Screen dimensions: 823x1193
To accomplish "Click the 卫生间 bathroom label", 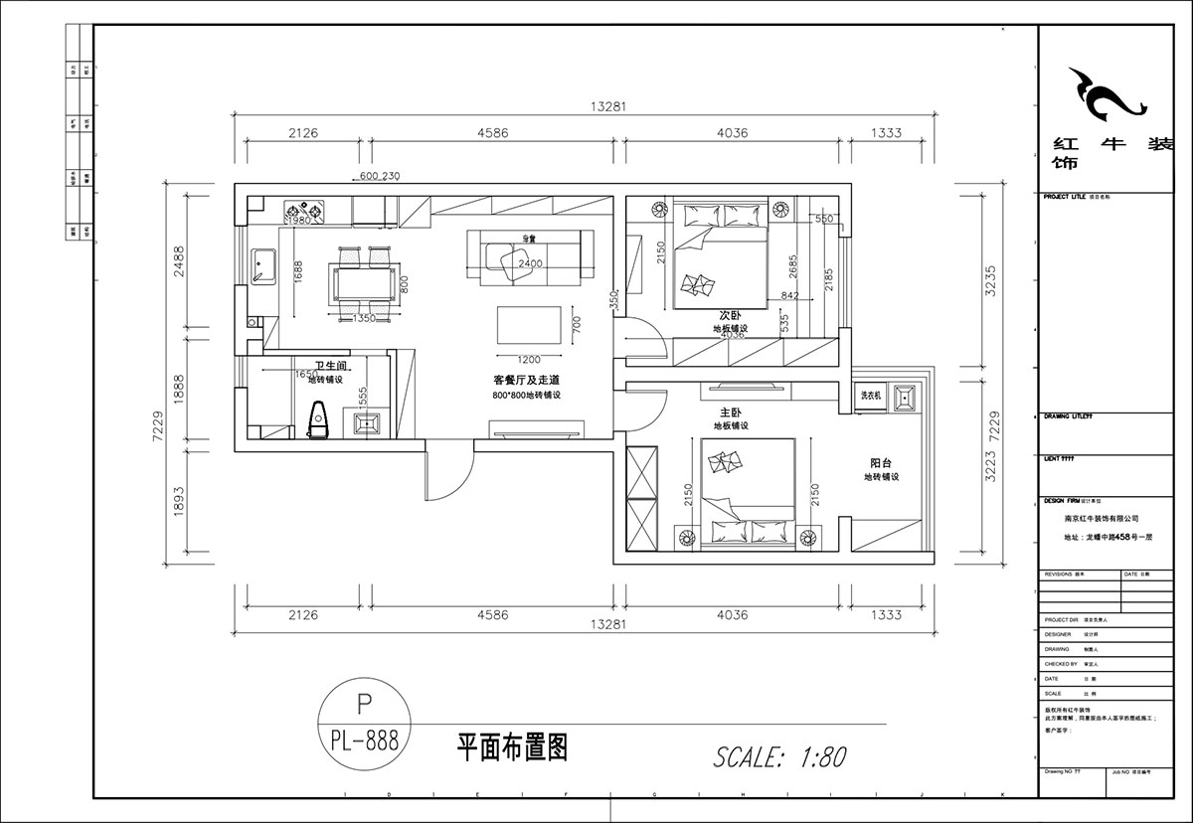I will pyautogui.click(x=331, y=366).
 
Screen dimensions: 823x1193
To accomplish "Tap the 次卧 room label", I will pyautogui.click(x=731, y=315).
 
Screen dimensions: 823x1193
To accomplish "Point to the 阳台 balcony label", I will pyautogui.click(x=881, y=462).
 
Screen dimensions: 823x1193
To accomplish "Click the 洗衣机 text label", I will pyautogui.click(x=871, y=396).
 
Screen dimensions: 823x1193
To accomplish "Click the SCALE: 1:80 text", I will pyautogui.click(x=779, y=756).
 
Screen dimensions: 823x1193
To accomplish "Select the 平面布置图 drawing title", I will pyautogui.click(x=511, y=747).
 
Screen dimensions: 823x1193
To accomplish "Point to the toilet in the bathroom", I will pyautogui.click(x=319, y=418).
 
